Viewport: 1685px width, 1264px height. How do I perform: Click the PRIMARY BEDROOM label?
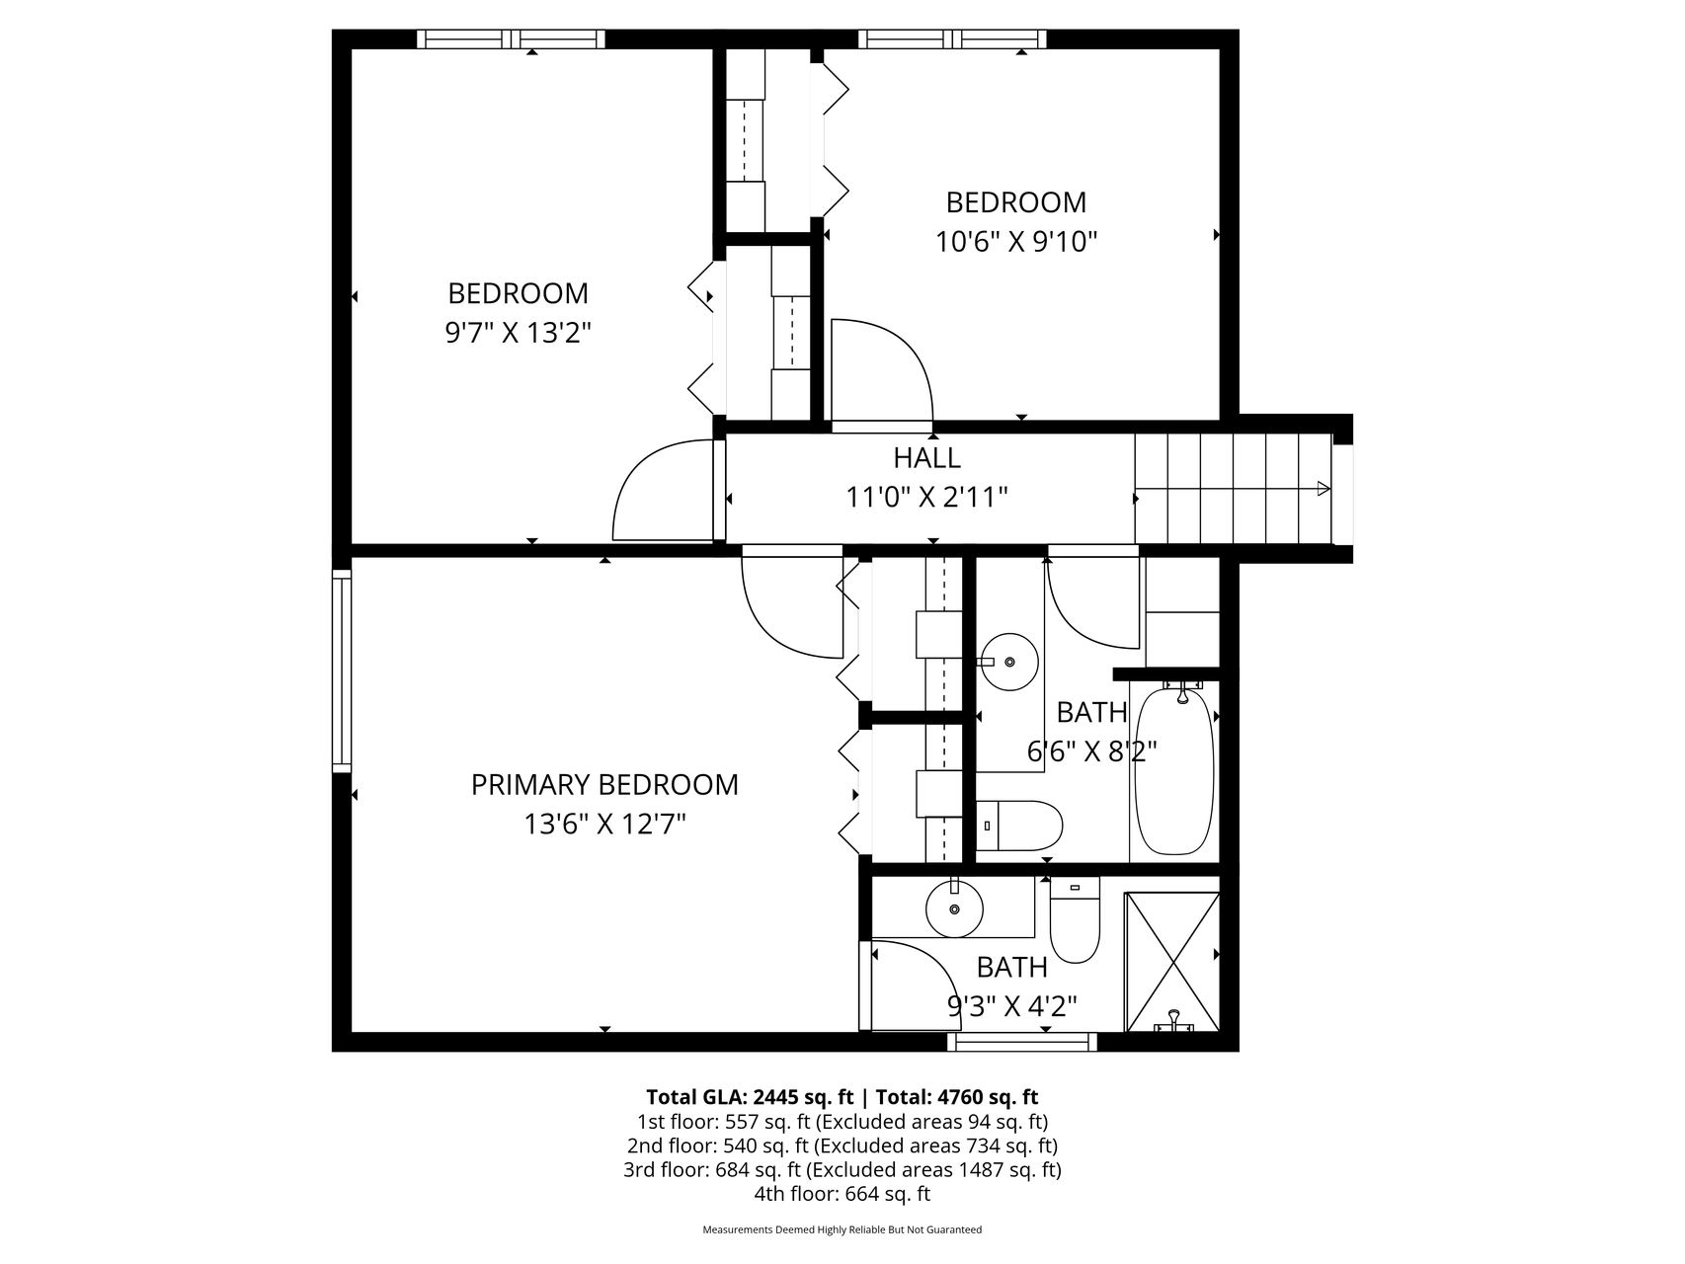[x=604, y=784]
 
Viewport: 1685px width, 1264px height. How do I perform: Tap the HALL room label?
[x=926, y=458]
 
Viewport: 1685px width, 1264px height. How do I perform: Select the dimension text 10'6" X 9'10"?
[x=1017, y=241]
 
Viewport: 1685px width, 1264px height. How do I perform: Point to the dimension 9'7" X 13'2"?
[x=519, y=333]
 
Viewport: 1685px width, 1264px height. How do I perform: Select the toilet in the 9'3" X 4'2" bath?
[x=1075, y=919]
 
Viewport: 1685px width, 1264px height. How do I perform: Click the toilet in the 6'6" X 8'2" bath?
[x=1019, y=826]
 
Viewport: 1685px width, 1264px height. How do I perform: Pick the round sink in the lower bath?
[x=954, y=908]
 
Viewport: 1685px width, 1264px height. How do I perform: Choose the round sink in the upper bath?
[x=1009, y=662]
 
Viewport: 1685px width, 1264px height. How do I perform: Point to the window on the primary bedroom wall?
[x=342, y=671]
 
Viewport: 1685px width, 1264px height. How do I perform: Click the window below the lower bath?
[x=1022, y=1042]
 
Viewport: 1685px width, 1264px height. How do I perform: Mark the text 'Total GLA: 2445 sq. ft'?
[x=749, y=1097]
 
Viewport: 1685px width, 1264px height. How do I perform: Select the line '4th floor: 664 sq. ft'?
[x=842, y=1194]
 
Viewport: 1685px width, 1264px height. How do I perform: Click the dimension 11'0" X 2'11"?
[x=926, y=497]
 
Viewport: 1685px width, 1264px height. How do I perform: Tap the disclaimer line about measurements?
[x=842, y=1230]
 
